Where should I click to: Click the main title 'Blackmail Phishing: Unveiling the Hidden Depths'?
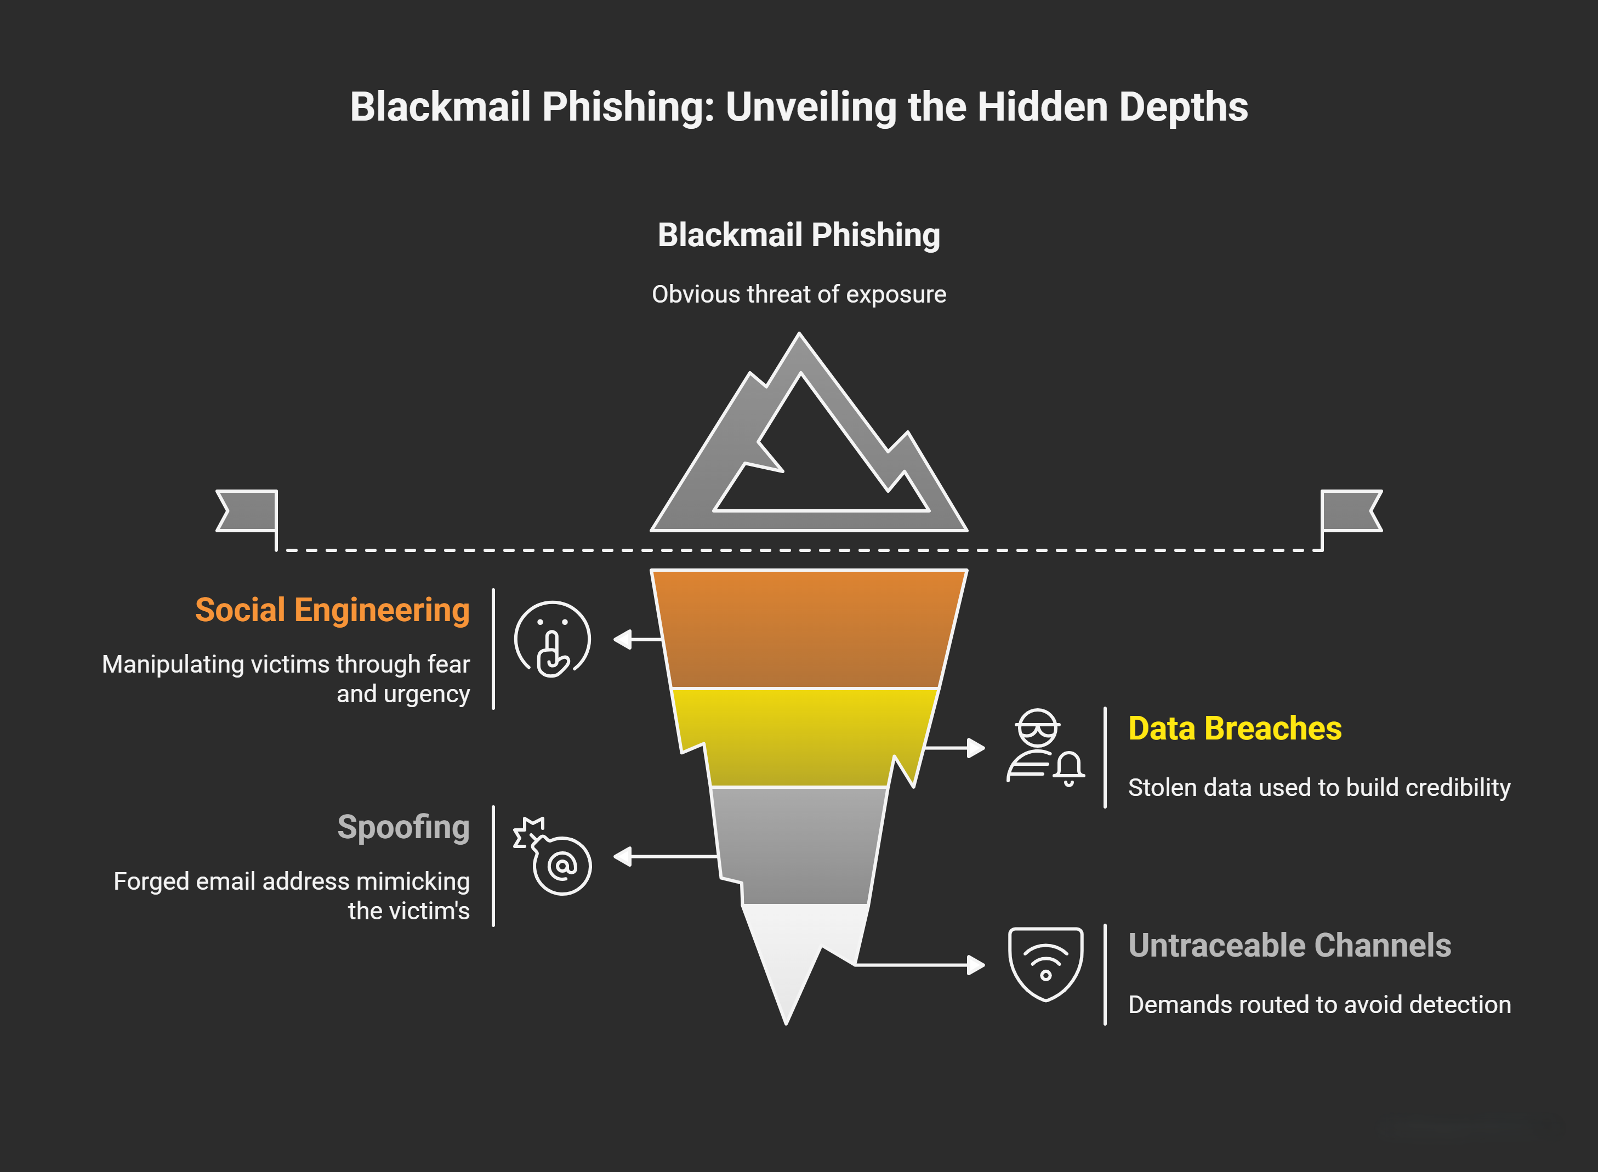[x=799, y=106]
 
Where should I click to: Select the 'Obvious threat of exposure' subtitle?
[x=799, y=294]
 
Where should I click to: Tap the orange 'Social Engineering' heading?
[x=332, y=610]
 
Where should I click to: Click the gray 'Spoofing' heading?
[x=403, y=827]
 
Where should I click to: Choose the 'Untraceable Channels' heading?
[x=1289, y=946]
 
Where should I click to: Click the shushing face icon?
[x=552, y=639]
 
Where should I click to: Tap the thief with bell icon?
[x=1045, y=748]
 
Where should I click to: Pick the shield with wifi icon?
[x=1045, y=964]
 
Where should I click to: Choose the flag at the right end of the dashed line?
[x=1351, y=511]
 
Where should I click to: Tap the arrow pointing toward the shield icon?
[x=922, y=965]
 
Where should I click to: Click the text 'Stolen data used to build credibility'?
[x=1320, y=788]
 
